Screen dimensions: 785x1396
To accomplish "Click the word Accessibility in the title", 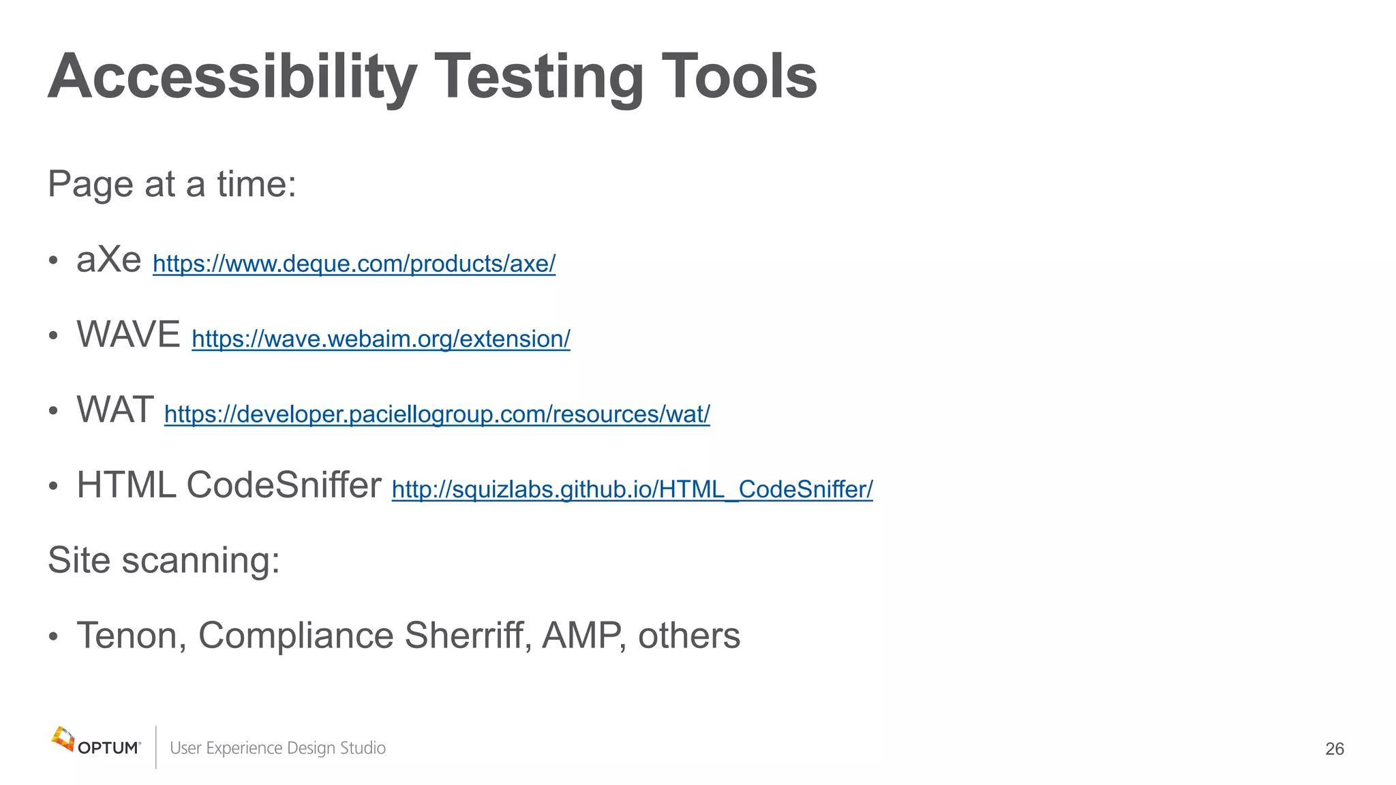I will click(232, 76).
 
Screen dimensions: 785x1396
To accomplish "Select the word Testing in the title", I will click(538, 76).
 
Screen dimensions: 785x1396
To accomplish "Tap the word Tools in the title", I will click(739, 76).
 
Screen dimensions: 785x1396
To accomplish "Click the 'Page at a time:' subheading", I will click(172, 184).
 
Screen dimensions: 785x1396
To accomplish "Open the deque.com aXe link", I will click(354, 264).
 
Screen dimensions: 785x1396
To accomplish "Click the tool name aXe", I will click(109, 260).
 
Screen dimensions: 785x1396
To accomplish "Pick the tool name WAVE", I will click(128, 335).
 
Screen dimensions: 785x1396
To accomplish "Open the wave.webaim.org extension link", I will click(380, 339).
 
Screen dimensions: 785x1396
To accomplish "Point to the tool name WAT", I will click(115, 410).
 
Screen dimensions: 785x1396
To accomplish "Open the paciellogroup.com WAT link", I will click(437, 414).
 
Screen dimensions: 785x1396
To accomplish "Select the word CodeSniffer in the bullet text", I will click(284, 485).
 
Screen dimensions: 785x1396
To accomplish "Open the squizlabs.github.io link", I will click(632, 489).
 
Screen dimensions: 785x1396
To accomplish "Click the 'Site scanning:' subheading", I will click(164, 560).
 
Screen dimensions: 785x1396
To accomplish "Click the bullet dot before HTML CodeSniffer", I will click(53, 487).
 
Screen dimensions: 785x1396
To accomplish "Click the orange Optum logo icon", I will click(63, 739).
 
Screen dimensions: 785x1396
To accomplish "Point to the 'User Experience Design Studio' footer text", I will click(277, 748).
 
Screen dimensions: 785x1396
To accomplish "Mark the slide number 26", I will click(1334, 749).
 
